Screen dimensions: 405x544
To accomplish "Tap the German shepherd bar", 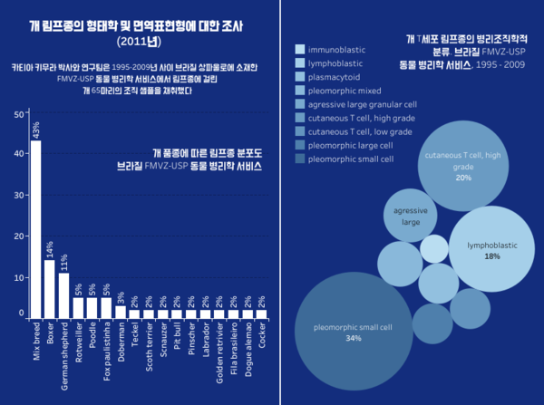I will point(63,295).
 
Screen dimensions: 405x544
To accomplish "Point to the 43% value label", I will point(35,130).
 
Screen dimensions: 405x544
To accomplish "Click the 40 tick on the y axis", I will point(20,154).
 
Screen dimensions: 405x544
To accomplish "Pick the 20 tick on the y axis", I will point(20,236).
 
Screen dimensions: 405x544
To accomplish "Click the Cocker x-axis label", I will point(262,336).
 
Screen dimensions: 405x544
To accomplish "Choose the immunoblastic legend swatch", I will point(300,48).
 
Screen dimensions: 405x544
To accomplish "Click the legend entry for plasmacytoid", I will point(336,77).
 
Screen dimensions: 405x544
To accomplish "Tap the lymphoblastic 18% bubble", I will point(492,248).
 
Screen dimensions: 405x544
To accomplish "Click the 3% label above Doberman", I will point(121,295).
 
